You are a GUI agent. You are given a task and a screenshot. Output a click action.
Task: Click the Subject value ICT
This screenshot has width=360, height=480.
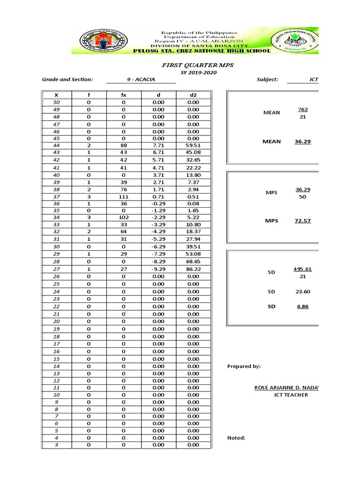(x=314, y=80)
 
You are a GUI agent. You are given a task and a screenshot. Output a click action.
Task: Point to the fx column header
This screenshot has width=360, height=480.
(x=124, y=95)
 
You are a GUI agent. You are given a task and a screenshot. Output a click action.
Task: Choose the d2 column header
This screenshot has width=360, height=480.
(x=193, y=95)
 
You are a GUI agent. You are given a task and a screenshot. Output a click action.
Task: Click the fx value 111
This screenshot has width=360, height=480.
(x=124, y=197)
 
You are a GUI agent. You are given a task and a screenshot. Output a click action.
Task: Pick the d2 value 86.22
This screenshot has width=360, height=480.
(x=193, y=269)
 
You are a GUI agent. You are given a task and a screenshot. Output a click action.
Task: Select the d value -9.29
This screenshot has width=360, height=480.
(x=158, y=269)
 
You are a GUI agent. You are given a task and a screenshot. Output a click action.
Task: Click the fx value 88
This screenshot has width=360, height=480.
(x=124, y=146)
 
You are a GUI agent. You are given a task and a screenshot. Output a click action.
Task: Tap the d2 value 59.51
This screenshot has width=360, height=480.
(x=193, y=146)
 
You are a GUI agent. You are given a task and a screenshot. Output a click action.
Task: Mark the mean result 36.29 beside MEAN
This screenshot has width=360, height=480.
(x=302, y=141)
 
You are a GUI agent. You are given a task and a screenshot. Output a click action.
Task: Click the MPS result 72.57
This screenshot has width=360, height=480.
(x=302, y=221)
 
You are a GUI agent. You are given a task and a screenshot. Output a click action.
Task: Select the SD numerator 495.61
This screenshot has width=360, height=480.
(x=302, y=269)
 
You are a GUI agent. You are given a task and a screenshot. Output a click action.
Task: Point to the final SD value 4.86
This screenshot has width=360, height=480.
(x=302, y=307)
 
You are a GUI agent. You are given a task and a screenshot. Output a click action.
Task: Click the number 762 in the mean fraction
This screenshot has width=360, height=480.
(x=302, y=110)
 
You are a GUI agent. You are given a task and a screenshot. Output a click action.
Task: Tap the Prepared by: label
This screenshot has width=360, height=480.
(x=244, y=367)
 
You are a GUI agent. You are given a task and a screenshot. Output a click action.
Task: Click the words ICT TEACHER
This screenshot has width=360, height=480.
(x=291, y=395)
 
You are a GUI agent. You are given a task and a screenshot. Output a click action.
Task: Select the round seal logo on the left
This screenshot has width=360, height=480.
(x=99, y=41)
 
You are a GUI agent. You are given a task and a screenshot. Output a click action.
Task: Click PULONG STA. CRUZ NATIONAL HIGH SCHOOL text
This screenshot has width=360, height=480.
(x=202, y=51)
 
